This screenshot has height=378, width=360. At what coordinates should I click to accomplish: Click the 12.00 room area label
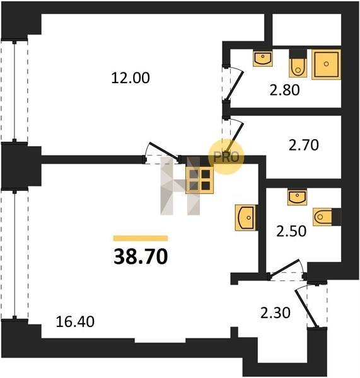(x=131, y=78)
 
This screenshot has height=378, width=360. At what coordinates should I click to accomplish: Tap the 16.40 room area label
(x=75, y=322)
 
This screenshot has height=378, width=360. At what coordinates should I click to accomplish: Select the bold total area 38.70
(x=141, y=257)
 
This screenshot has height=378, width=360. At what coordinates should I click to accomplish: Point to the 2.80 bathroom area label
(x=285, y=90)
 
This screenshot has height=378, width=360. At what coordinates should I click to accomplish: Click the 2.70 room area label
(x=304, y=145)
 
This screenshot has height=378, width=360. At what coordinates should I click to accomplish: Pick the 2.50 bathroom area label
(x=291, y=231)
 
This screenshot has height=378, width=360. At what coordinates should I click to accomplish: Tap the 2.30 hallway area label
(x=276, y=313)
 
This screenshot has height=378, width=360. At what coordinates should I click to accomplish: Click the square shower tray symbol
(x=326, y=64)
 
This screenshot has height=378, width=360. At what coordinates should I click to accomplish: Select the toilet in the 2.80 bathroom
(x=298, y=64)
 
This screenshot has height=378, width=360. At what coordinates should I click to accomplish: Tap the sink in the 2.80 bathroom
(x=263, y=59)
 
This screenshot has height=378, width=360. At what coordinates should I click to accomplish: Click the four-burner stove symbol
(x=199, y=180)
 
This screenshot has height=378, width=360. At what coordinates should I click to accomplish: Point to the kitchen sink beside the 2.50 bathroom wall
(x=246, y=218)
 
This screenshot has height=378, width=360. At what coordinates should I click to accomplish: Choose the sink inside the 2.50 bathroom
(x=297, y=197)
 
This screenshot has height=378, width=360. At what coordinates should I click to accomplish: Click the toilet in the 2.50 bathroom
(x=327, y=217)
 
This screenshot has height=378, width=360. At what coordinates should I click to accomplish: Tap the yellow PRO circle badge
(x=226, y=157)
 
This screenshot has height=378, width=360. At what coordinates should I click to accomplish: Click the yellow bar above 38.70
(x=141, y=238)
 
